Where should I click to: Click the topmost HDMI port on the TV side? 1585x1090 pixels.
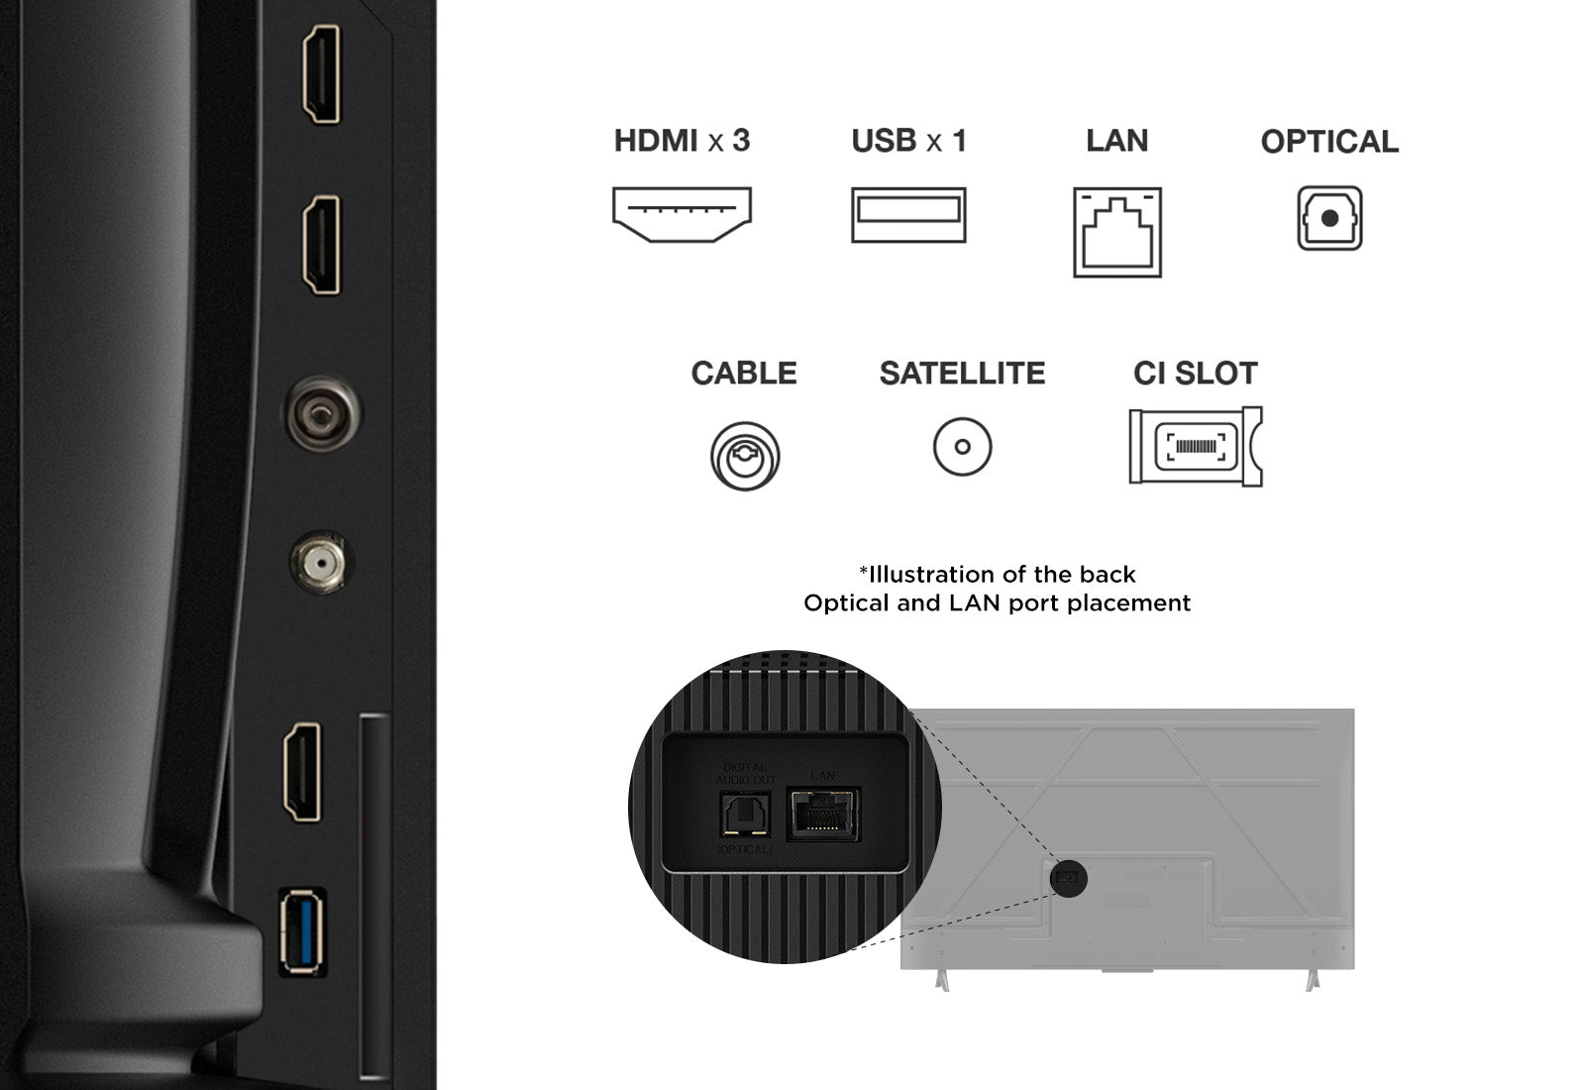pos(321,74)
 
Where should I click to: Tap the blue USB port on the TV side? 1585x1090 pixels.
pos(302,931)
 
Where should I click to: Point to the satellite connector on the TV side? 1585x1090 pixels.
pos(319,564)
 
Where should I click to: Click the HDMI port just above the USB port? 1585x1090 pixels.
pos(303,773)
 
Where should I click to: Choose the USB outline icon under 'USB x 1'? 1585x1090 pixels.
pos(908,214)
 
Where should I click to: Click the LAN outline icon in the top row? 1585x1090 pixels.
pos(1116,232)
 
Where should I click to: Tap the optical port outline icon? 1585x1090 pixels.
pos(1329,218)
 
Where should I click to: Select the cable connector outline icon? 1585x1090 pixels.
pos(745,456)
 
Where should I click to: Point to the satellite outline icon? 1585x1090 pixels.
pos(962,447)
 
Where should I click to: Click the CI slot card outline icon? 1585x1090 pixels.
pos(1195,447)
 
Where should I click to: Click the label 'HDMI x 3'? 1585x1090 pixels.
pos(682,141)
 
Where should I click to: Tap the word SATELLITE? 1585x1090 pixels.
pos(962,374)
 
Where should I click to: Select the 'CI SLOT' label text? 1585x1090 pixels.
pos(1195,374)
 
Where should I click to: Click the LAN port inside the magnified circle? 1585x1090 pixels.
pos(823,814)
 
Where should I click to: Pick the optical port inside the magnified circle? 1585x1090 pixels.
pos(744,816)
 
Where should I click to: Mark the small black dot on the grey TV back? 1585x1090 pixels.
pos(1068,879)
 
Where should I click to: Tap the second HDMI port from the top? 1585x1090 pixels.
pos(321,245)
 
